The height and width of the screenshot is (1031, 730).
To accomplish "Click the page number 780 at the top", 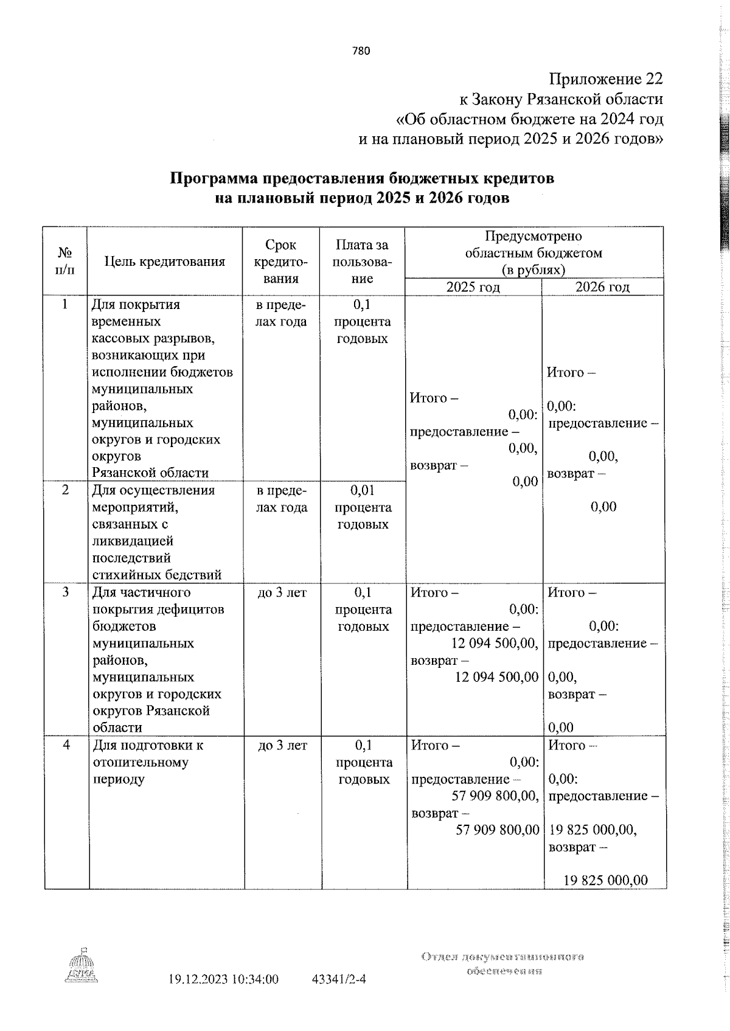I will pos(361,51).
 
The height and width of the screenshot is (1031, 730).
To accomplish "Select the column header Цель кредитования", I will pos(165,262).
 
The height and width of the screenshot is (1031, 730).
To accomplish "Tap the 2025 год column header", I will pos(473,287).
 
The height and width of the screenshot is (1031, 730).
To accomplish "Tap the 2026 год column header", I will pos(602,287).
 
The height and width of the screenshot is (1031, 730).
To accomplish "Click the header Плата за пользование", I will pos(362,262).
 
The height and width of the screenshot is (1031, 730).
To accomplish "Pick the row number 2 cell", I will pos(66,490).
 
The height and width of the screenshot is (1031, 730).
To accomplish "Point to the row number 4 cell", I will pos(66,745).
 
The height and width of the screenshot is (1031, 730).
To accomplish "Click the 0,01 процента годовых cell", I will pos(363,507).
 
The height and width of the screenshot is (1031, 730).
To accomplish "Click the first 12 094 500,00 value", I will pos(494,643).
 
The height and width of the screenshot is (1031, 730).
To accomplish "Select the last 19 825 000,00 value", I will pos(605,880).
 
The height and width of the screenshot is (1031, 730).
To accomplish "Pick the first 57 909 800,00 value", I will pos(495,796).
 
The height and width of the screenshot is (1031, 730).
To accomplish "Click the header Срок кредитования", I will pos(281,262).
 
